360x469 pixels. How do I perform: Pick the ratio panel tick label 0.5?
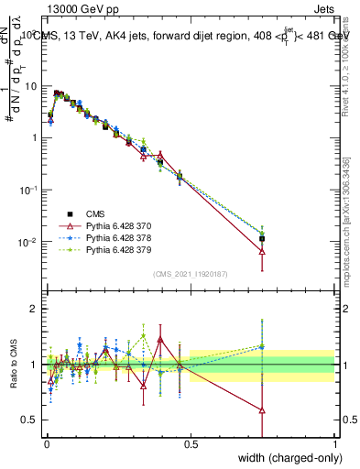tap(32, 420)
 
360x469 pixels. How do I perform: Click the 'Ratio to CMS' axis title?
tap(13, 365)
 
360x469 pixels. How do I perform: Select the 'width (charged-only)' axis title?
tap(291, 457)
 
